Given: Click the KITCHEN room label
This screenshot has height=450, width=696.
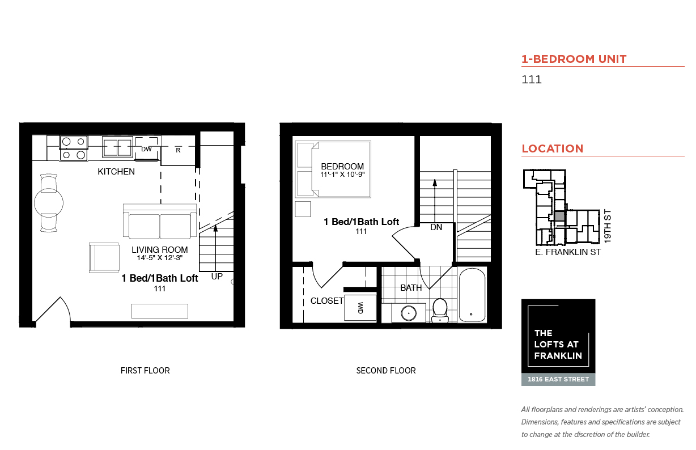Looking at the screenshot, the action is (116, 172).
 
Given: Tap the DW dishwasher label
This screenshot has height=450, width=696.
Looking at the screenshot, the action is (146, 149).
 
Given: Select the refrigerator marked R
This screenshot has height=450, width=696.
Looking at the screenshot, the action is (178, 150).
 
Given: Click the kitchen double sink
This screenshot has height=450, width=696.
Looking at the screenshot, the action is (117, 147).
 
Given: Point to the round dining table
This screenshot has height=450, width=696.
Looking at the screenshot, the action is (49, 203).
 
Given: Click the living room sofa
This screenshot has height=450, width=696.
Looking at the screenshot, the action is (160, 221).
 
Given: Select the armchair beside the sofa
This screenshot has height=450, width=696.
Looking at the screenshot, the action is (104, 258).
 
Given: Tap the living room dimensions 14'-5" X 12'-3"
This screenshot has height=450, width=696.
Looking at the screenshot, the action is (160, 258).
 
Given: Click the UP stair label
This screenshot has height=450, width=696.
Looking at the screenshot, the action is (217, 277).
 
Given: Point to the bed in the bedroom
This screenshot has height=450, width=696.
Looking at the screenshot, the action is (333, 169).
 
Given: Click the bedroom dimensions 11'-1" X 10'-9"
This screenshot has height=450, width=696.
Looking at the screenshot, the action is (342, 175).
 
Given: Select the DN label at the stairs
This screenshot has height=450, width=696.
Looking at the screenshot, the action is (436, 227).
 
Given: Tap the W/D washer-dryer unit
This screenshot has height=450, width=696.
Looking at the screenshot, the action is (360, 308).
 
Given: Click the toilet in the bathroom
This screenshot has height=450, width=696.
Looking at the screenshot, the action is (440, 311).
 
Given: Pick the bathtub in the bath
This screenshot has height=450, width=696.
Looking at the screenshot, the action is (472, 295).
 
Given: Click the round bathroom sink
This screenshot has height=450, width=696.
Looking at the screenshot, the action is (409, 313).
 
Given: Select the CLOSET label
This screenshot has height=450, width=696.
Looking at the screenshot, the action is (327, 301).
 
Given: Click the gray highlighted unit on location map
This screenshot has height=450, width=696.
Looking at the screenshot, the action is (559, 216).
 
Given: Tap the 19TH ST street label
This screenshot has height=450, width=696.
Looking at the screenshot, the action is (608, 226).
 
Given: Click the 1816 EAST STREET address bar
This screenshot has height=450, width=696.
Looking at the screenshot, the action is (558, 380).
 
